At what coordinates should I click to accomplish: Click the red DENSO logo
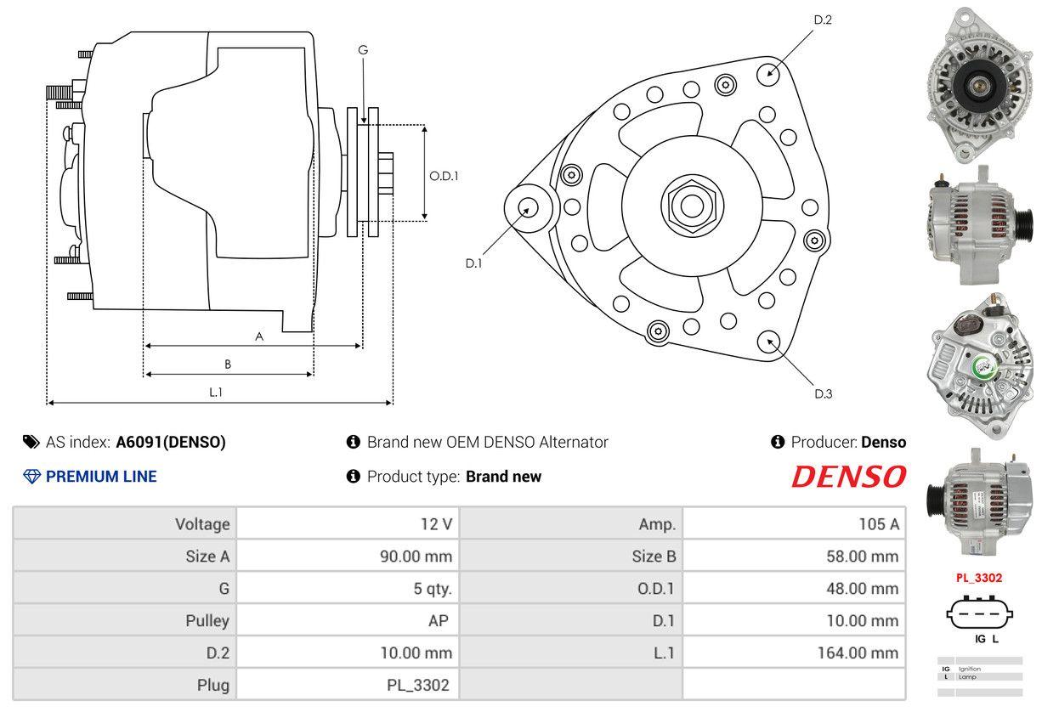(848, 477)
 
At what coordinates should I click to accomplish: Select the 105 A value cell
(878, 524)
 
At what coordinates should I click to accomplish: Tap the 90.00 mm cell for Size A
(416, 557)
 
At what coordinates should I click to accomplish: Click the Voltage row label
(202, 524)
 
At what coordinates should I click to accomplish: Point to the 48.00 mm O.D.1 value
(864, 588)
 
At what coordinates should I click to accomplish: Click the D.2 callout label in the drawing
(822, 20)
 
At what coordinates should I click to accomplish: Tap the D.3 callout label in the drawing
(823, 393)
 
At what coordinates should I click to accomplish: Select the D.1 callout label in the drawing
(473, 263)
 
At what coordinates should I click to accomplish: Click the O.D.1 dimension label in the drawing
(444, 176)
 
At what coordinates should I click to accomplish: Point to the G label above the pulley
(363, 50)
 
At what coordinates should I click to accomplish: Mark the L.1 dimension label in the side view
(216, 392)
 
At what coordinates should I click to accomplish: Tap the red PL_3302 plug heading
(978, 578)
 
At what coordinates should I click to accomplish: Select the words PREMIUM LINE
(101, 477)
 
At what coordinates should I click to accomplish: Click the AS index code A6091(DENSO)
(171, 442)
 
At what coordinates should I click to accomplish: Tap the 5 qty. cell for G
(433, 588)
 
